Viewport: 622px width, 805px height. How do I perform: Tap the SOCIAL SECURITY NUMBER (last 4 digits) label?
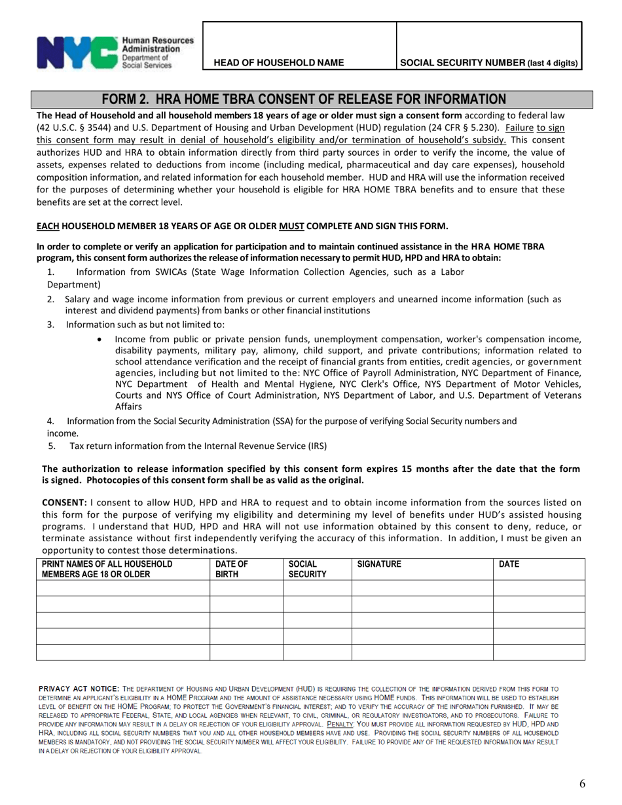(x=488, y=63)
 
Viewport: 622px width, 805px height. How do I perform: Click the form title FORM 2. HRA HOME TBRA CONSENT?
(x=304, y=99)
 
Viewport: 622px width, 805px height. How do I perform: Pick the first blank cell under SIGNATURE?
(x=422, y=588)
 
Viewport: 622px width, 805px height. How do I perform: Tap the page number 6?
(x=582, y=783)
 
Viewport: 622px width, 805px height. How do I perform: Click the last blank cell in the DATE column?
(x=538, y=652)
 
